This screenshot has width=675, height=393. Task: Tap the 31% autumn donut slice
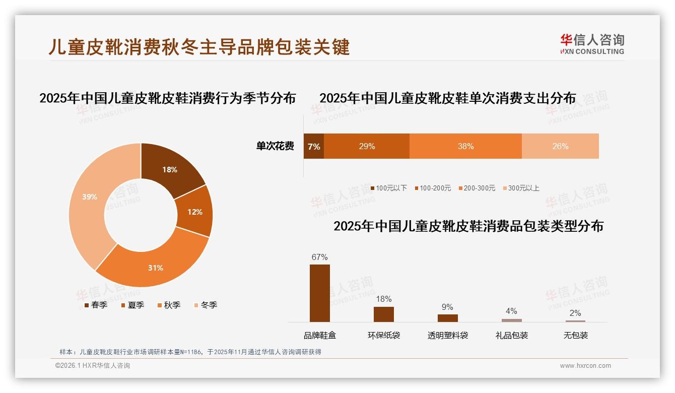[x=155, y=267]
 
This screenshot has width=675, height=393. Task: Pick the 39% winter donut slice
[x=90, y=197]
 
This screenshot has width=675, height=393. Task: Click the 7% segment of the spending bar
[x=314, y=147]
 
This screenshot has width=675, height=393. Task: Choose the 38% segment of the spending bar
[x=465, y=147]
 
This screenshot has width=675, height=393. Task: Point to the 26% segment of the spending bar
[x=560, y=147]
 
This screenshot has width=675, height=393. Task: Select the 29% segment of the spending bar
[x=367, y=147]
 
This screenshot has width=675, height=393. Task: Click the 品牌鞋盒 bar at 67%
[x=320, y=293]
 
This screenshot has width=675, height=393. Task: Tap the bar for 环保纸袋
[x=384, y=314]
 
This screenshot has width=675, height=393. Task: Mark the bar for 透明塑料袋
[x=447, y=318]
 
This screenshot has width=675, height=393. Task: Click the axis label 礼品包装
[x=512, y=336]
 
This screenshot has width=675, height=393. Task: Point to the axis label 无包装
[x=576, y=336]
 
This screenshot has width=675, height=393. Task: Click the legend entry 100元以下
[x=388, y=188]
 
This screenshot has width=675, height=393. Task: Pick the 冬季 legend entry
[x=206, y=305]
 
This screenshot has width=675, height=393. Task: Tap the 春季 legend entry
[x=96, y=305]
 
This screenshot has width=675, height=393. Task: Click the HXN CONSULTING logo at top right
[x=592, y=44]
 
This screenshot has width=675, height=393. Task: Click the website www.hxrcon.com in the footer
[x=585, y=366]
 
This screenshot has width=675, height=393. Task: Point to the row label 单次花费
[x=275, y=147]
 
